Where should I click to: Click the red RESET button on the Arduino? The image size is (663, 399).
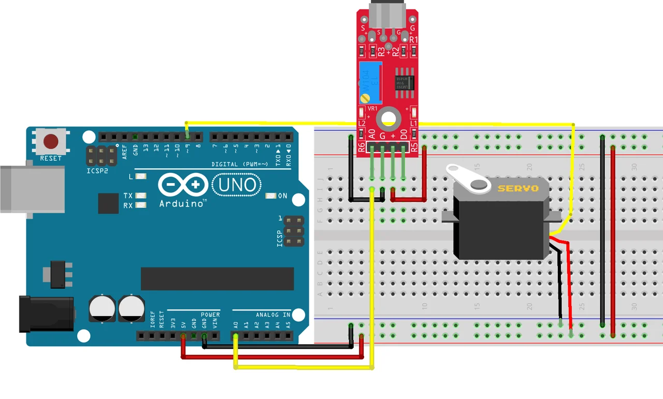51,141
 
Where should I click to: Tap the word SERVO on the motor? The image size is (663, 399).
518,188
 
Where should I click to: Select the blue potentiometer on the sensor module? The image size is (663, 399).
370,82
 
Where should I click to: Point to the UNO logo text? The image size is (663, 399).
237,185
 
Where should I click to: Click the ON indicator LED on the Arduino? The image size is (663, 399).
270,196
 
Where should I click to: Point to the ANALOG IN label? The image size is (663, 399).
273,315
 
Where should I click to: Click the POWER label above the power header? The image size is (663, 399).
210,315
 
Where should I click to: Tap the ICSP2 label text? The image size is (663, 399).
97,170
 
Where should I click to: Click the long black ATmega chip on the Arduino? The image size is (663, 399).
217,279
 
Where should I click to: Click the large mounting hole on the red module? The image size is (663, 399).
386,119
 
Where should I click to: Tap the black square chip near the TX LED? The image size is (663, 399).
108,203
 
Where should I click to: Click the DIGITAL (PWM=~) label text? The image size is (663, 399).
240,165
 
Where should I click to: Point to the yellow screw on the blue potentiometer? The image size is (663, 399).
366,97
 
